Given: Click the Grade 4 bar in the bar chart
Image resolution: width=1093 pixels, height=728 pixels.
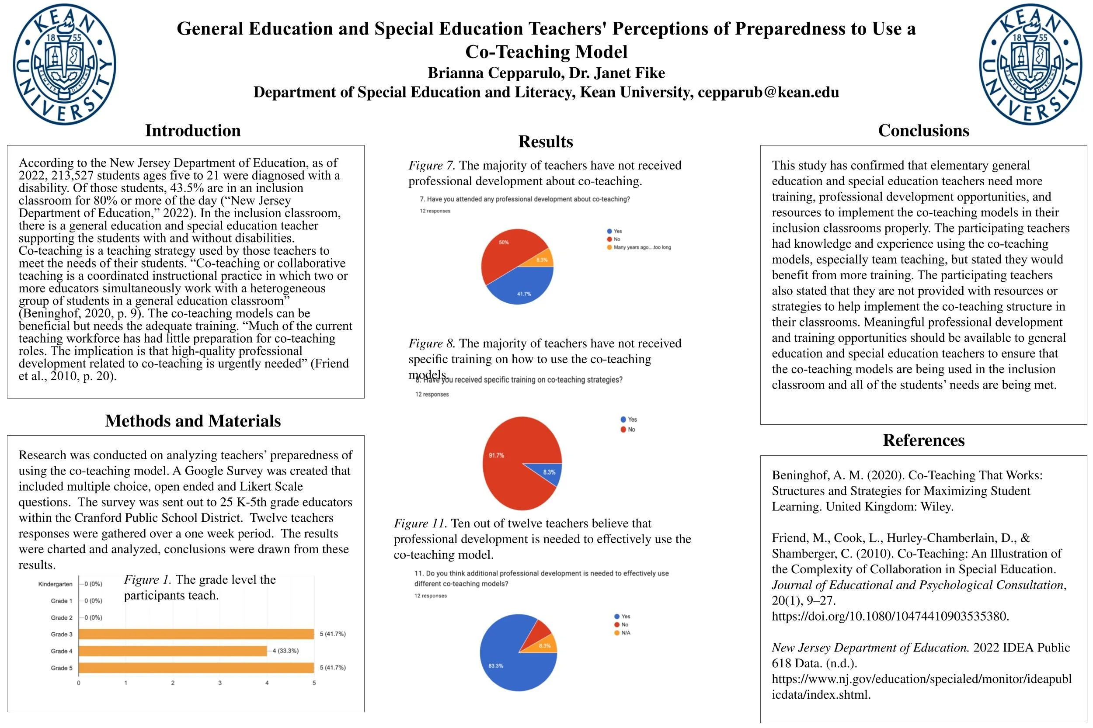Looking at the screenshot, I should [x=173, y=651].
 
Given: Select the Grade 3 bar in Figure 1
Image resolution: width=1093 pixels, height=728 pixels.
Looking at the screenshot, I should [x=196, y=634].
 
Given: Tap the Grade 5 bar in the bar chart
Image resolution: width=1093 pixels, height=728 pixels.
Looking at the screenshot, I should [x=196, y=668].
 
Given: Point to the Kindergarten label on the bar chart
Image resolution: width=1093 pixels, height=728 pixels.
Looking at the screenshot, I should [x=55, y=584].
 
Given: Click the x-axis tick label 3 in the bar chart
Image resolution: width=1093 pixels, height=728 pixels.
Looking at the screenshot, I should [x=220, y=683].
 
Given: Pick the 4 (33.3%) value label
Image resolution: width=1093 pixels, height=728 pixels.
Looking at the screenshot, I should [x=285, y=651].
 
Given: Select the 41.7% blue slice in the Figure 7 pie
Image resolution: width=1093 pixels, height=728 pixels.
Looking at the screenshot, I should [x=522, y=288].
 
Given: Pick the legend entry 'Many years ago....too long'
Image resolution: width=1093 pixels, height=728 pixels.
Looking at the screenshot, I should [x=641, y=247].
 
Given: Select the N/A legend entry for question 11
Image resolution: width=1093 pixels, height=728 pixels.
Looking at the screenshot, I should [x=625, y=633].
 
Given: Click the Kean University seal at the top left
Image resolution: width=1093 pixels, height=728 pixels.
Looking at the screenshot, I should [x=64, y=64].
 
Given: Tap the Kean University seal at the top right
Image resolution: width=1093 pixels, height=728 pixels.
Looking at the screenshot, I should [x=1030, y=64].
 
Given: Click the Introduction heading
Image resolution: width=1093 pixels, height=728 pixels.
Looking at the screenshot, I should [x=193, y=131].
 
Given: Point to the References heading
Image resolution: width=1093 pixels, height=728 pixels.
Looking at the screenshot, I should [x=923, y=440].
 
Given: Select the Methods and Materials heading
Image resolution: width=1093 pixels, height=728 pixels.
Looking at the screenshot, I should [x=193, y=421].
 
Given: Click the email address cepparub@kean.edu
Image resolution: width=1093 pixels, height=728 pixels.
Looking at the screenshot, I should [x=768, y=92].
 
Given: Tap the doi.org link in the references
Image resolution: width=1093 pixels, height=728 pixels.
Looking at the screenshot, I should [x=890, y=616].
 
